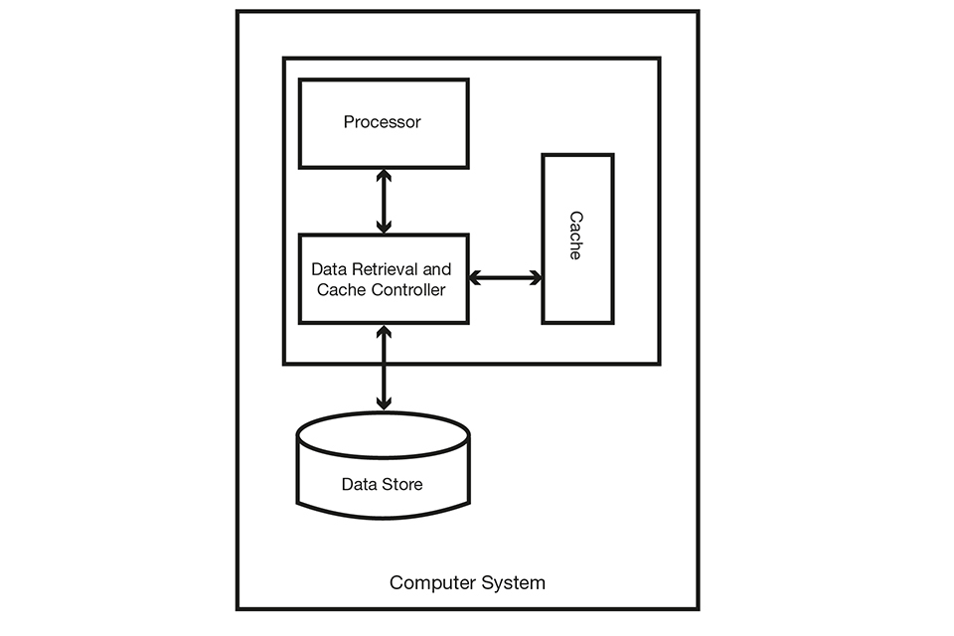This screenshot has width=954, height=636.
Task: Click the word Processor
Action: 383,122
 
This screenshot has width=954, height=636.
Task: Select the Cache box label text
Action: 575,236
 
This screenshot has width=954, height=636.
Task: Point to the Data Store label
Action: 383,484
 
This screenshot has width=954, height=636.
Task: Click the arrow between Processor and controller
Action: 383,201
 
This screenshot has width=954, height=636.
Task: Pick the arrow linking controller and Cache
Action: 505,278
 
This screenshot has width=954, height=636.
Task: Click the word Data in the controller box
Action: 329,269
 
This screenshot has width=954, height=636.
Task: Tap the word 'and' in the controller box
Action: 437,269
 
